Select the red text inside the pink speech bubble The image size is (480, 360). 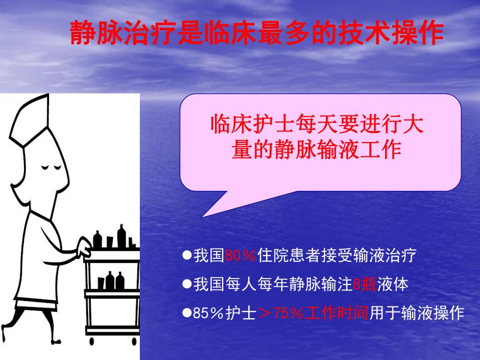point(316,137)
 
